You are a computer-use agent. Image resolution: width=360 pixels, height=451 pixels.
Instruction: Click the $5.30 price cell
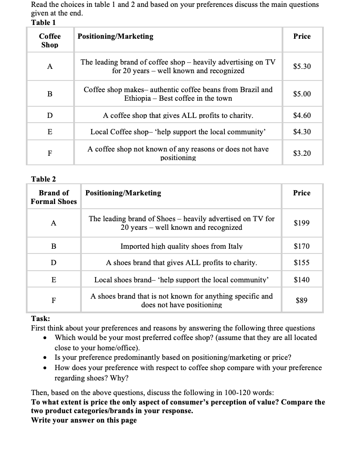[x=301, y=67]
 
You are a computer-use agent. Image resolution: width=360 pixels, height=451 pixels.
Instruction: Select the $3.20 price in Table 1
[x=301, y=154]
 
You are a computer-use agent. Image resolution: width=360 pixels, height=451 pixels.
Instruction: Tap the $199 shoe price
[x=301, y=223]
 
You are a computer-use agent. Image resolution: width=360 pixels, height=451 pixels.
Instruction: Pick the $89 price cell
[x=301, y=301]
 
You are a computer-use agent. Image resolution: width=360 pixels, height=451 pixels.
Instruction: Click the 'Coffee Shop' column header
[x=50, y=40]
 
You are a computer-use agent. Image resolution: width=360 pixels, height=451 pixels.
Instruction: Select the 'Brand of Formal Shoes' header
[x=54, y=197]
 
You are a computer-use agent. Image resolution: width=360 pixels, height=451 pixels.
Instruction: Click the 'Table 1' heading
[x=43, y=22]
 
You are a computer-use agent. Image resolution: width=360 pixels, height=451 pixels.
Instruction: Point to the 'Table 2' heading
[x=43, y=179]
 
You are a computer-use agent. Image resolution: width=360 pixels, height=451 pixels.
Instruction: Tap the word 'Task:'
[x=40, y=318]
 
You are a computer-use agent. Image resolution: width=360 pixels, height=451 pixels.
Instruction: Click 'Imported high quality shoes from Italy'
[x=181, y=247]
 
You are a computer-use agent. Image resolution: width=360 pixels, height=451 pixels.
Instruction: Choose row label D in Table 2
[x=53, y=263]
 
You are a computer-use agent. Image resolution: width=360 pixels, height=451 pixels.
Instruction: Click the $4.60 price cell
[x=301, y=116]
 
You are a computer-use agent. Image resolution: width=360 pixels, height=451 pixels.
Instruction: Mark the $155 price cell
[x=301, y=263]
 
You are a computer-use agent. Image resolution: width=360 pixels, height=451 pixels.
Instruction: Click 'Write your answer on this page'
[x=84, y=420]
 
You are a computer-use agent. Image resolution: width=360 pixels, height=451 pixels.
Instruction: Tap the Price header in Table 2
[x=301, y=193]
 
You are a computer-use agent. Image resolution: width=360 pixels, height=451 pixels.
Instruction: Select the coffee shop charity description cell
[x=178, y=116]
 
